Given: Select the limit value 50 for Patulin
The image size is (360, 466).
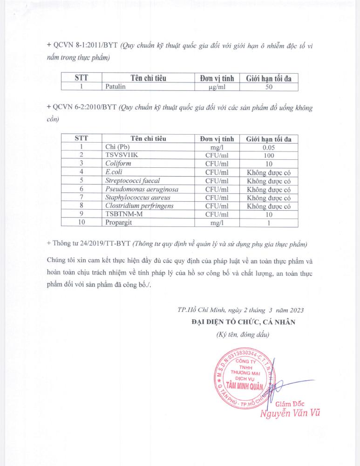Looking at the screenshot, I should click(269, 86).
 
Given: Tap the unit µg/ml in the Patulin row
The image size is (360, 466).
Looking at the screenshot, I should click(217, 86).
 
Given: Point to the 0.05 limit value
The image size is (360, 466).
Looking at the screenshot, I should click(269, 147).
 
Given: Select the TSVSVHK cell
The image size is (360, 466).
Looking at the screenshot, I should click(122, 155).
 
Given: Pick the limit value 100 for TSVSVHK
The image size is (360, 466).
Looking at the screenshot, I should click(269, 155).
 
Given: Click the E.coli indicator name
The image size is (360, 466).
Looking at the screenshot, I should click(114, 172).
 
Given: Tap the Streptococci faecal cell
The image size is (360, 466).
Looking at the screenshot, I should click(131, 181).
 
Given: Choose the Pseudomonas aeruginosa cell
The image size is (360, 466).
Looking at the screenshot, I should click(142, 189).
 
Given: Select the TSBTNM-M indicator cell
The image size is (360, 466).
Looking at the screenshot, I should click(123, 214).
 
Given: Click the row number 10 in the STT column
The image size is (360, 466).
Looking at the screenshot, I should click(82, 223).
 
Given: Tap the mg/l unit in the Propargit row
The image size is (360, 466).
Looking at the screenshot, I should click(217, 223).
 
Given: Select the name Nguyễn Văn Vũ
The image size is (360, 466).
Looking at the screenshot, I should click(291, 413).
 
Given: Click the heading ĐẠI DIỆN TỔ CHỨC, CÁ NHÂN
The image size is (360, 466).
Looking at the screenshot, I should click(243, 322).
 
